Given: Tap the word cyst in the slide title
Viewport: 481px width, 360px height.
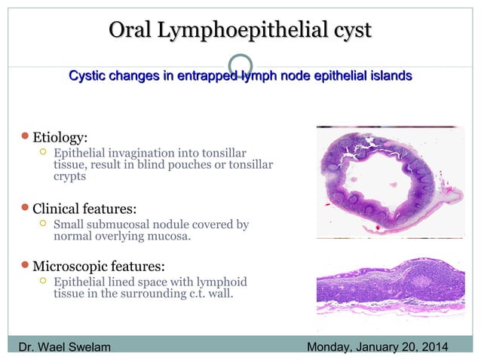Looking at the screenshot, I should [349, 31].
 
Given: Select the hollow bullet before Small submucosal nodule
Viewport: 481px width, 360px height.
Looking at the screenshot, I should [43, 224].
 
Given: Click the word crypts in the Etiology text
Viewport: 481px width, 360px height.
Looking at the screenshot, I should [69, 177].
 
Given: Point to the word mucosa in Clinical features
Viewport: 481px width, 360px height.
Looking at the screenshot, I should [170, 236].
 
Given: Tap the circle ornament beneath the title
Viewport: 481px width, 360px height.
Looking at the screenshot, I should [240, 66].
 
